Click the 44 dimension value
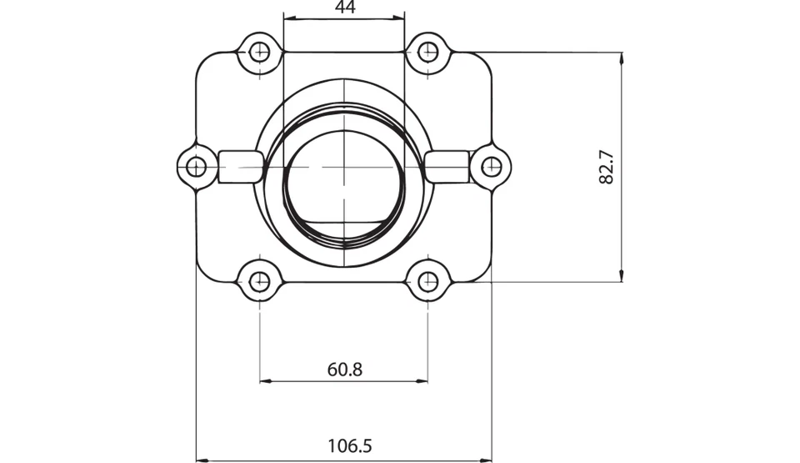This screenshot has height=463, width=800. (344, 8)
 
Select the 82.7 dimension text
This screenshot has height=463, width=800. (606, 167)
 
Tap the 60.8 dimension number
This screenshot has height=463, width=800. (344, 369)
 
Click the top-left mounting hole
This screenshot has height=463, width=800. (261, 52)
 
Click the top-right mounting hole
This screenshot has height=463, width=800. (427, 52)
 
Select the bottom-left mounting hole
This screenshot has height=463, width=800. (261, 281)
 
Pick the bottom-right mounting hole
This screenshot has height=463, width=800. (427, 281)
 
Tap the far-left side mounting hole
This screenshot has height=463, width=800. (196, 166)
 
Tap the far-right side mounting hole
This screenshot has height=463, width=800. (491, 166)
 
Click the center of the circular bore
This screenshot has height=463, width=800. (344, 166)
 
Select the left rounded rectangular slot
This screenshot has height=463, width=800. (240, 166)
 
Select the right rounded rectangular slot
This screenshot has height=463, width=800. (447, 166)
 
